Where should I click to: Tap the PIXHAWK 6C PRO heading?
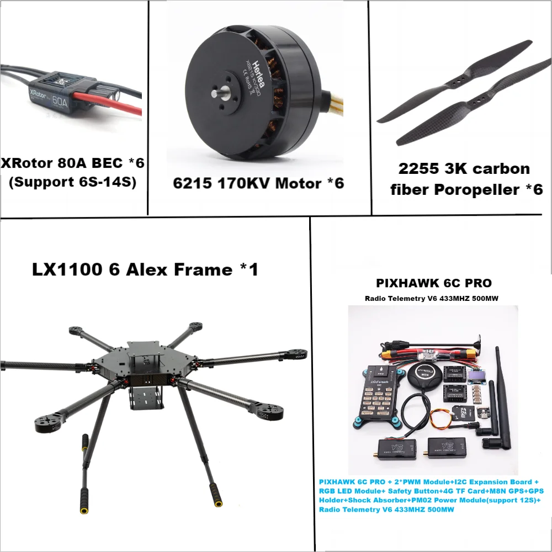pos(433,283)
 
